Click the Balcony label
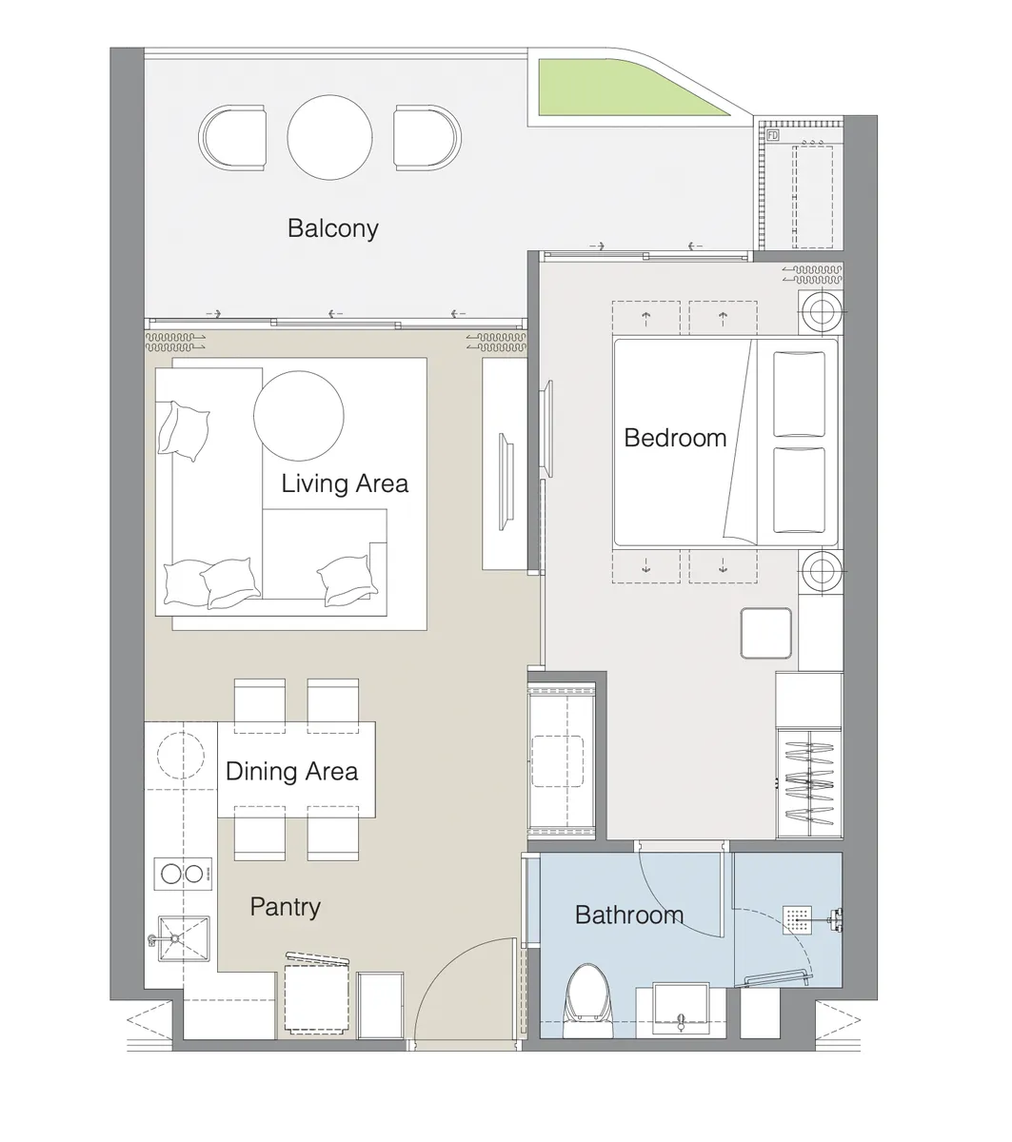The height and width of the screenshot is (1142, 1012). pyautogui.click(x=332, y=228)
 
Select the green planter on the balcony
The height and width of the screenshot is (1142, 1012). pyautogui.click(x=628, y=90)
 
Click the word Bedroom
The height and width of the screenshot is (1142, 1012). pyautogui.click(x=675, y=438)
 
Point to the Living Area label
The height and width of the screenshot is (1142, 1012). pyautogui.click(x=345, y=483)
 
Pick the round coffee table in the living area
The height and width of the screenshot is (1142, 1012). pyautogui.click(x=298, y=414)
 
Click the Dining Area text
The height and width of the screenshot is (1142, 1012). pyautogui.click(x=291, y=771)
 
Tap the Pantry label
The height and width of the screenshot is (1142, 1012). pyautogui.click(x=285, y=907)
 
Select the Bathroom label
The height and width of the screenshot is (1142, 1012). pyautogui.click(x=629, y=916)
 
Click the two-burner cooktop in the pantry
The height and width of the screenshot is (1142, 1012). pyautogui.click(x=182, y=873)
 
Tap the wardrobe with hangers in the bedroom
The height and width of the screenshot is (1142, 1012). pyautogui.click(x=808, y=781)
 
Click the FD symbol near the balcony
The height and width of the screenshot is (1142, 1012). pyautogui.click(x=772, y=136)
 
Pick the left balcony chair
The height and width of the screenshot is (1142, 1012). pyautogui.click(x=233, y=138)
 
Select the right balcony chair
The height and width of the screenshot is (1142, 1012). pyautogui.click(x=427, y=138)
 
